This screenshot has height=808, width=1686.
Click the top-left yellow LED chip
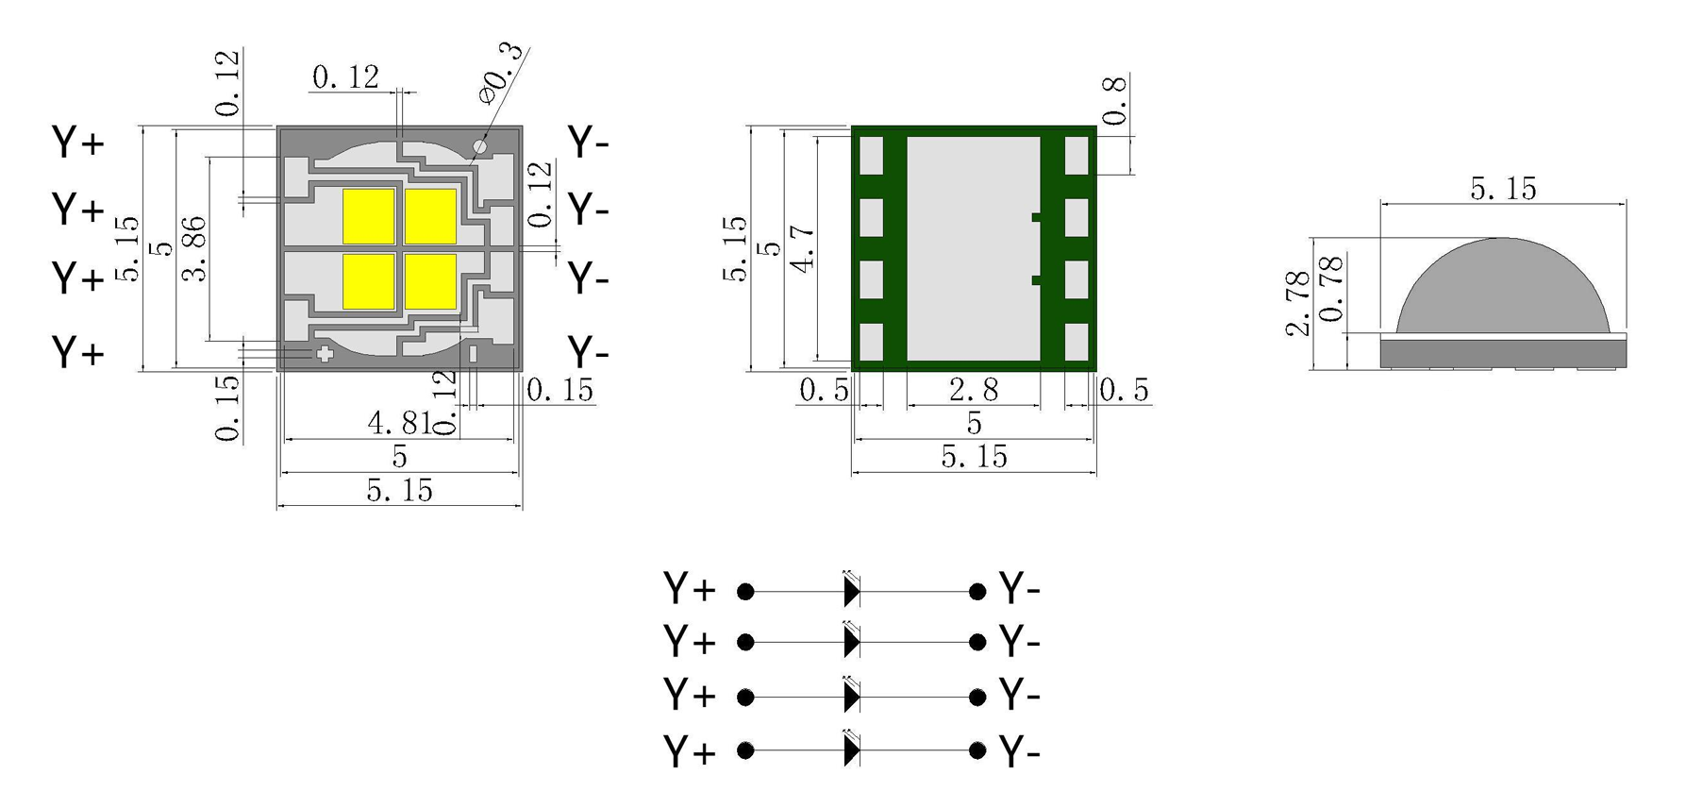(368, 216)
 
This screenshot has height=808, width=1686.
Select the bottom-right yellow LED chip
(431, 281)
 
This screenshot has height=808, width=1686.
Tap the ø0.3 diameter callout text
(501, 72)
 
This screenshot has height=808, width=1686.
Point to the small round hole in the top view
(479, 146)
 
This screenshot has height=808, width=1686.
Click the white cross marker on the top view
(324, 354)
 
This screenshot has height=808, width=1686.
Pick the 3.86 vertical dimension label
(194, 249)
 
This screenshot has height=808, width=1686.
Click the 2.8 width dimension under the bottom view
(973, 390)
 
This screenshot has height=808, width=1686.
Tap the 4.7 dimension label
(802, 248)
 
